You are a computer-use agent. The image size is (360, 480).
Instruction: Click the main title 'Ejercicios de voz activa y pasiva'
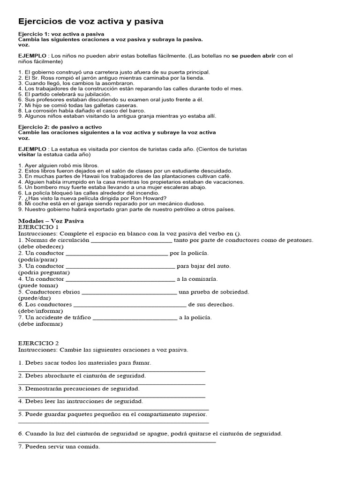[x=90, y=22]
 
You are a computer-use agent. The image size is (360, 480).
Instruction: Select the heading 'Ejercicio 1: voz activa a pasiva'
[x=61, y=34]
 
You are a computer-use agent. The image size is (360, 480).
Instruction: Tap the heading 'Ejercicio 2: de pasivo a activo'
[x=60, y=127]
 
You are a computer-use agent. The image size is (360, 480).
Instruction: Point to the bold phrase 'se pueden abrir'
[x=253, y=56]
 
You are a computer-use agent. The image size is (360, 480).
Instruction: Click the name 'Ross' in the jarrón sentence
[x=48, y=78]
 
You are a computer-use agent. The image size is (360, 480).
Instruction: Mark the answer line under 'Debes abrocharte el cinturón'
[x=112, y=384]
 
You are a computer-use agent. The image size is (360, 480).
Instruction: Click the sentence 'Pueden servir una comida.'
[x=59, y=447]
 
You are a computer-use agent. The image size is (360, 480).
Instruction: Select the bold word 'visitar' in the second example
[x=27, y=154]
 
